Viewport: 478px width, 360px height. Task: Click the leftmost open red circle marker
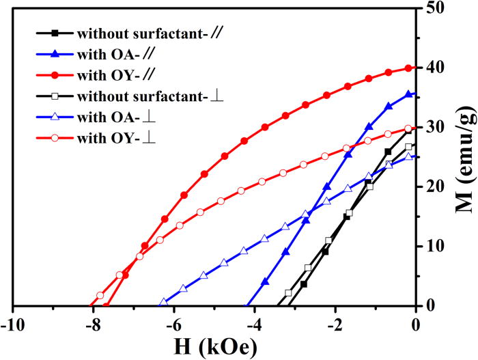coord(100,295)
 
